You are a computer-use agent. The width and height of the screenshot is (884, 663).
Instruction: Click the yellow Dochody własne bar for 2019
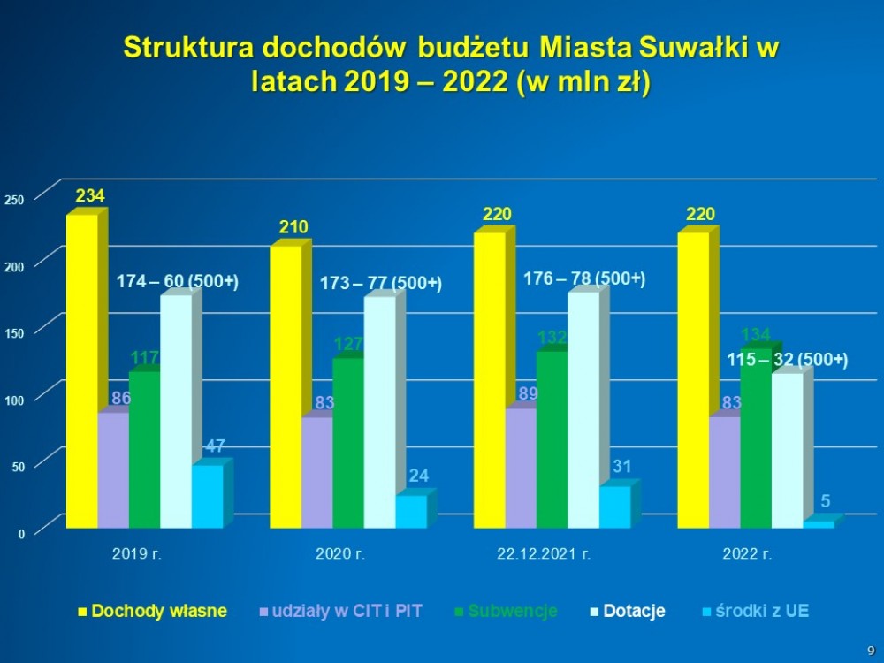click(x=82, y=371)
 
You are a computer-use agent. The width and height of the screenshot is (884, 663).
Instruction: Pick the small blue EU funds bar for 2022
click(x=818, y=525)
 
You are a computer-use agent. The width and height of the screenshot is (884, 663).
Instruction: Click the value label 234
click(x=89, y=194)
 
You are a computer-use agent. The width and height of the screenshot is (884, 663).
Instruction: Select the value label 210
click(x=293, y=227)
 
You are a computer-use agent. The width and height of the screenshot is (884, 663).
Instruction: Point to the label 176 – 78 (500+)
click(x=584, y=278)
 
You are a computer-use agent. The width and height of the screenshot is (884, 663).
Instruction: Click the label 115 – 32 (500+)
click(x=788, y=360)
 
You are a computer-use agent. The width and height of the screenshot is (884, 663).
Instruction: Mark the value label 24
click(x=419, y=476)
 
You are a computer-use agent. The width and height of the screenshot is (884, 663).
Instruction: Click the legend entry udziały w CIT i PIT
click(x=347, y=611)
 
